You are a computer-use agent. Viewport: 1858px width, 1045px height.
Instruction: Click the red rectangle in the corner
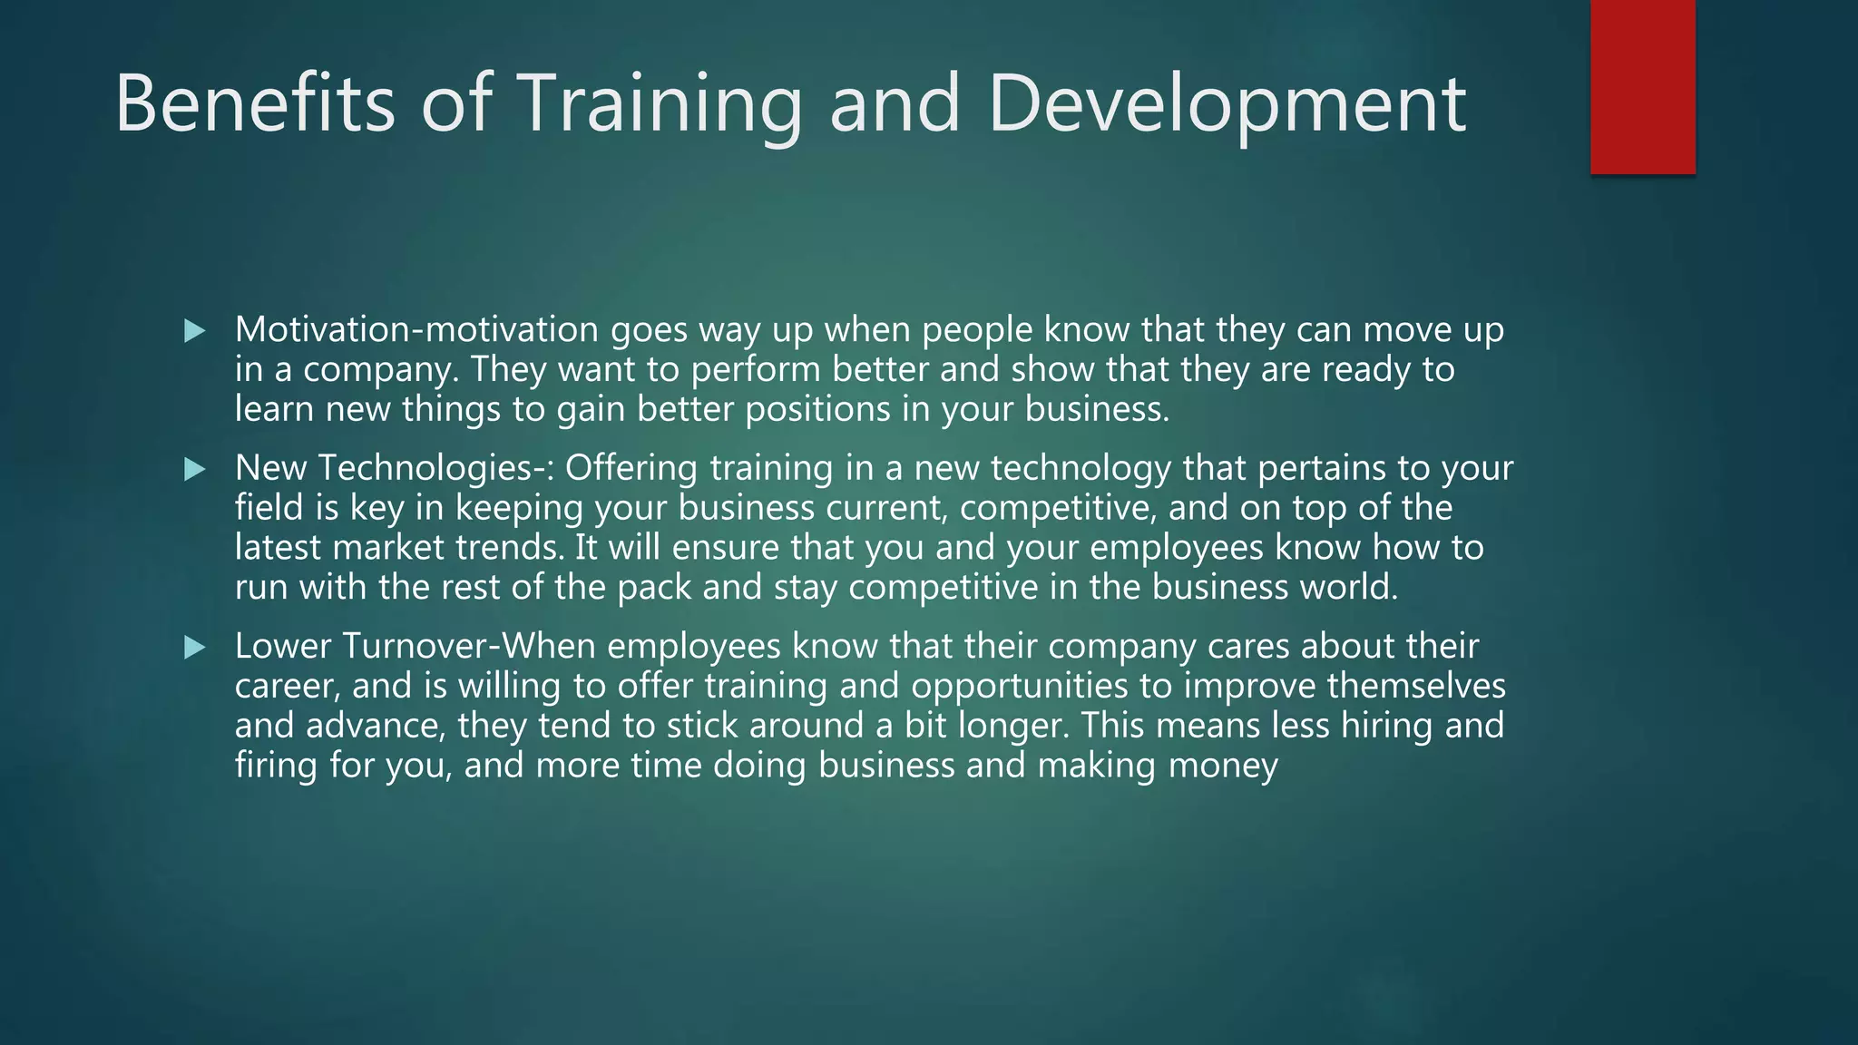(1643, 86)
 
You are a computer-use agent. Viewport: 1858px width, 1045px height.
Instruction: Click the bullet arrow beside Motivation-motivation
(194, 331)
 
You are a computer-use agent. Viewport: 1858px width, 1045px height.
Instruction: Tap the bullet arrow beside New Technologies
(194, 469)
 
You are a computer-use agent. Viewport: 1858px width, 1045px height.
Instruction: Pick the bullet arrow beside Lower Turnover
(194, 648)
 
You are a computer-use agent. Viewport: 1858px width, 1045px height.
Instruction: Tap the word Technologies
(431, 468)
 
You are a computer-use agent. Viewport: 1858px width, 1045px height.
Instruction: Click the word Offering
(631, 468)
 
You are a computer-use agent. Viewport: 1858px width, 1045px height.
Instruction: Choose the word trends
(509, 548)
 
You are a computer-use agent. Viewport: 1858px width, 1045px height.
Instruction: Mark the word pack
(654, 588)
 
